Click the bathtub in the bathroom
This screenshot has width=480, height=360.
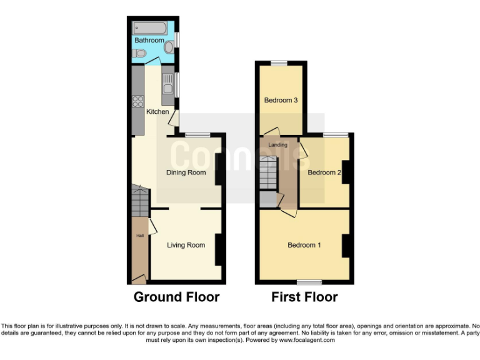[149, 28]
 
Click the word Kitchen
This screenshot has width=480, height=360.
[157, 112]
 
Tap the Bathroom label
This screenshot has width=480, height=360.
[149, 41]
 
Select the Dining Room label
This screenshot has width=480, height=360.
[186, 172]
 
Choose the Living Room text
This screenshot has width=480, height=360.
[186, 245]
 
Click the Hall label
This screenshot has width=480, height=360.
[141, 236]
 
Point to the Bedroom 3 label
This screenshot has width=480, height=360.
[280, 100]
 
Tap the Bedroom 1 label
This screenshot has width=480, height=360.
[304, 245]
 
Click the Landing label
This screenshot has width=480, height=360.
[277, 145]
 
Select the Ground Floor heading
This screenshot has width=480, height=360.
[176, 297]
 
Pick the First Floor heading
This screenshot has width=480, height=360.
[304, 297]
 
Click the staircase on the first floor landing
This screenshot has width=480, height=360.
[269, 172]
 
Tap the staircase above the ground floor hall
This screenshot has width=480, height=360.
[140, 200]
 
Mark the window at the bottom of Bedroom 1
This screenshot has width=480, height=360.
[305, 282]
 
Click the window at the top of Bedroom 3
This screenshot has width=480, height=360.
[279, 62]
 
